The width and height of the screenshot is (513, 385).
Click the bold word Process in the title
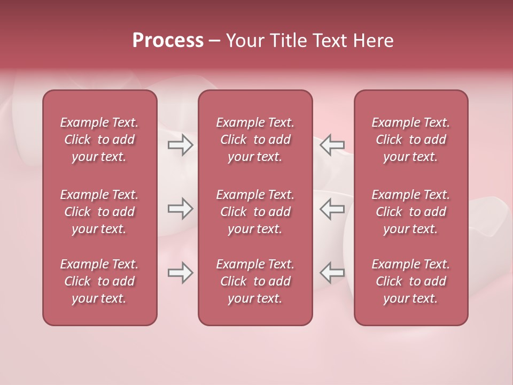(168, 41)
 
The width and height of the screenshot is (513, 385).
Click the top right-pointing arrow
(181, 145)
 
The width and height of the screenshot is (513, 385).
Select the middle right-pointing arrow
(181, 209)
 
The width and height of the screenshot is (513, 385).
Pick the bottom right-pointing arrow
(181, 273)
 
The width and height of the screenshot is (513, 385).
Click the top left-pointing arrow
(332, 145)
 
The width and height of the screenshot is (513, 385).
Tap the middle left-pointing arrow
(332, 209)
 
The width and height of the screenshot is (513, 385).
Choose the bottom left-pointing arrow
(332, 273)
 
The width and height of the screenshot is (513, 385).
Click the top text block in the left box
(99, 140)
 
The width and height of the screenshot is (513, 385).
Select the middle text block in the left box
(99, 212)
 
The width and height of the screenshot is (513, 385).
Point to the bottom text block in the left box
(99, 281)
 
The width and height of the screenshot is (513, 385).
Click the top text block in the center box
(255, 140)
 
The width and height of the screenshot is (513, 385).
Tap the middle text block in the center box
(255, 212)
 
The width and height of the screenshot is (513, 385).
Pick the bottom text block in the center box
(255, 281)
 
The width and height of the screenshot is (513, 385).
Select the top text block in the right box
(410, 140)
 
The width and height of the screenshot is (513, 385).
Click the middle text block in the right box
(410, 212)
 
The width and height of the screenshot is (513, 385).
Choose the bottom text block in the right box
(410, 281)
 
